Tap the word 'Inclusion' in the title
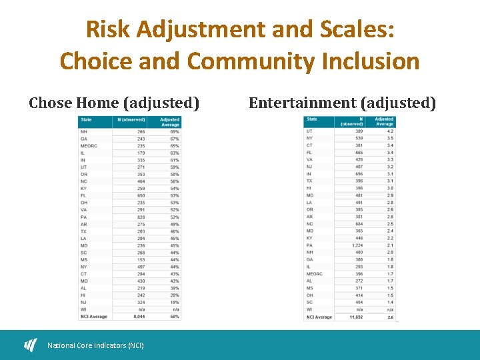tap(370, 61)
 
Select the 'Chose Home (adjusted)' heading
tap(114, 103)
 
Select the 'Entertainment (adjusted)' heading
tap(342, 103)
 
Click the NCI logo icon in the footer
tap(31, 345)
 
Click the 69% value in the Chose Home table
tap(174, 132)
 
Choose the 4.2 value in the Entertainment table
tap(389, 131)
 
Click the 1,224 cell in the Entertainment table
tap(357, 245)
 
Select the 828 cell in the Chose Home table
tap(140, 217)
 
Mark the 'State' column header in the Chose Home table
tap(86, 120)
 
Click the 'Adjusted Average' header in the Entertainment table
tap(384, 121)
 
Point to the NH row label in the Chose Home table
tap(83, 132)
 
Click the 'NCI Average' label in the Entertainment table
tap(319, 317)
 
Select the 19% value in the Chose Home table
tap(174, 302)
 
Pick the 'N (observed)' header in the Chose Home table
tap(131, 120)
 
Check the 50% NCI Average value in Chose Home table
tap(174, 316)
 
